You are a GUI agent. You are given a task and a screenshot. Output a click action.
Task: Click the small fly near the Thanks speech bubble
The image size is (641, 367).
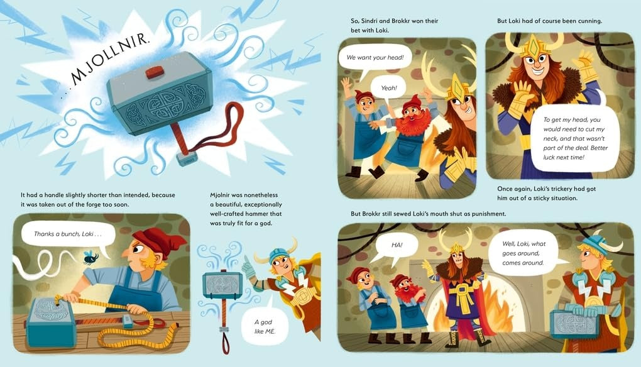[88, 256]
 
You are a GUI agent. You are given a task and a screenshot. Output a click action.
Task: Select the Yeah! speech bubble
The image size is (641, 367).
[389, 88]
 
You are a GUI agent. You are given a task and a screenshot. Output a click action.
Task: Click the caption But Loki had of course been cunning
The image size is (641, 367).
[549, 21]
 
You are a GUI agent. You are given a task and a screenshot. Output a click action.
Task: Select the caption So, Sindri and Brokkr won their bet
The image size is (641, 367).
[394, 25]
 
